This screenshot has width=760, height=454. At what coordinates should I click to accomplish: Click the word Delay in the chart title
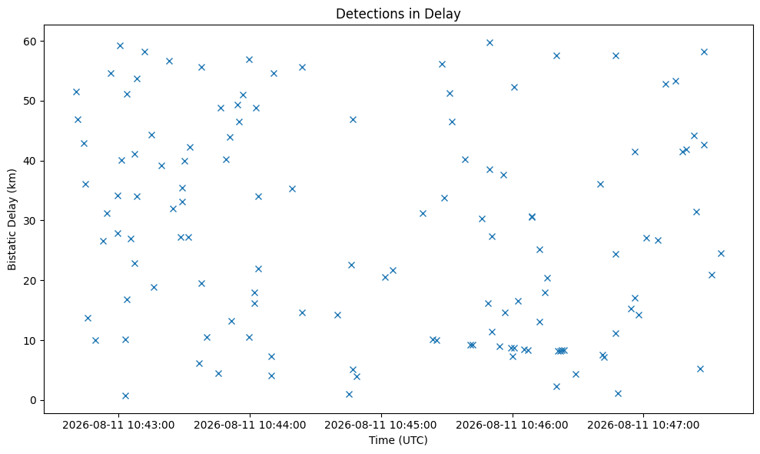click(446, 14)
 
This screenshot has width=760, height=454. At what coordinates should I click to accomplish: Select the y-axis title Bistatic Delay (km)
click(12, 219)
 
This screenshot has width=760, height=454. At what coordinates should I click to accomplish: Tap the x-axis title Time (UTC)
click(398, 440)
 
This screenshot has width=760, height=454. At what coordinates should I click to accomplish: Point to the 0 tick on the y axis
click(34, 401)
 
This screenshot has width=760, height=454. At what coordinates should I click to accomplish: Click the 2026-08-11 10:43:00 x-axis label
click(119, 426)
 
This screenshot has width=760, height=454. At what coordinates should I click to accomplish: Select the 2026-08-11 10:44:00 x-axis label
click(250, 426)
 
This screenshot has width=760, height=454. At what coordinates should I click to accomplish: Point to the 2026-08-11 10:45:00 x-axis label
click(381, 426)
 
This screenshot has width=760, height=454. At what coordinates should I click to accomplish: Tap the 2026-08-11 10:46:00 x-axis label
click(513, 426)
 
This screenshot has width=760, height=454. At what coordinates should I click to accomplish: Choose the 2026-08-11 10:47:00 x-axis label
click(644, 426)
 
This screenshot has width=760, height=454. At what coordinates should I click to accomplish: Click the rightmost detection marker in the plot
click(722, 253)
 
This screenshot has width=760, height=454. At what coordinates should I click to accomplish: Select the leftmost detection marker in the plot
click(76, 92)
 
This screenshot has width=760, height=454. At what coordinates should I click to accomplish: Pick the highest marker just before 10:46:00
click(490, 43)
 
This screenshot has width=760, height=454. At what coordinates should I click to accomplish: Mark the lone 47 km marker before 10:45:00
click(353, 119)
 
